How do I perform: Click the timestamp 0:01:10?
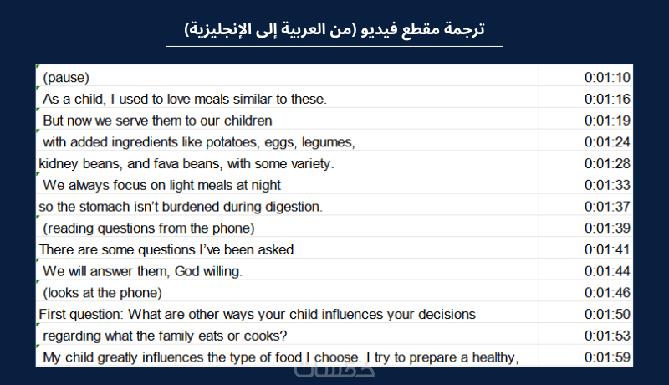[x=607, y=77]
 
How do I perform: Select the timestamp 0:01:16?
[x=607, y=99]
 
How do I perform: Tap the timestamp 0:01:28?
[x=607, y=163]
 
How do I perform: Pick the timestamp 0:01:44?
[x=607, y=271]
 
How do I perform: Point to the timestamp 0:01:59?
[x=607, y=357]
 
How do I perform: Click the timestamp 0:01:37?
[x=607, y=207]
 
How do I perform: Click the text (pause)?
[x=66, y=78]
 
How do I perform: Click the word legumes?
[x=328, y=142]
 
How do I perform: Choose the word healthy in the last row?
[x=496, y=357]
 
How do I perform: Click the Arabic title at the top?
[x=334, y=29]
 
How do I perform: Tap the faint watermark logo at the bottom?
[x=334, y=371]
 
